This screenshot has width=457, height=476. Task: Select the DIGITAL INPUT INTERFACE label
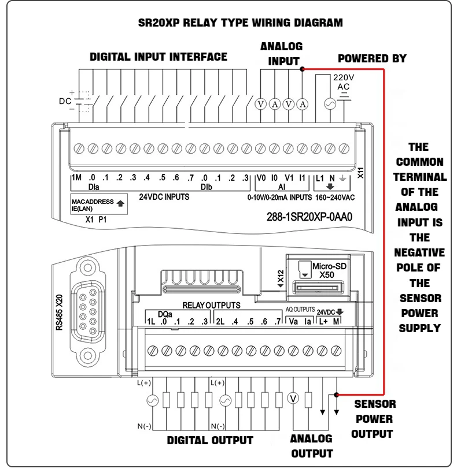click(x=158, y=57)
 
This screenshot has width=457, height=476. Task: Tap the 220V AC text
click(x=343, y=81)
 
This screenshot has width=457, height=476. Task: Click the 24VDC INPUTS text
click(x=164, y=196)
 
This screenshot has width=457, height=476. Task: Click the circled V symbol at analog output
click(x=293, y=398)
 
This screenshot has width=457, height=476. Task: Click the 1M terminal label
click(x=76, y=178)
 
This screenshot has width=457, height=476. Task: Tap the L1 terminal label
click(x=319, y=178)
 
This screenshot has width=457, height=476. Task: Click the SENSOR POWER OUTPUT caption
click(x=374, y=419)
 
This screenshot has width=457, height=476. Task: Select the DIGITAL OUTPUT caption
click(x=210, y=440)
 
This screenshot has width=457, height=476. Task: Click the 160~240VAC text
click(x=335, y=196)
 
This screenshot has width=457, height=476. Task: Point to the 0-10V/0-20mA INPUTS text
click(x=280, y=196)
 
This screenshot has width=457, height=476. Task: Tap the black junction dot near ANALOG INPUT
click(x=302, y=69)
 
